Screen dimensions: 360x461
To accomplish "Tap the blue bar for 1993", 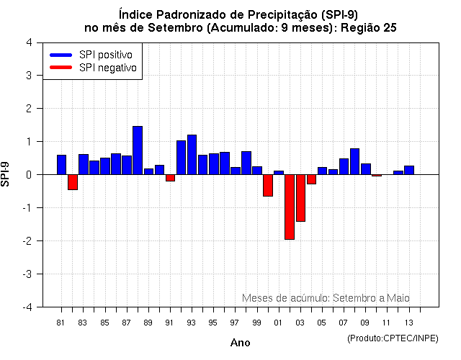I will pyautogui.click(x=192, y=155).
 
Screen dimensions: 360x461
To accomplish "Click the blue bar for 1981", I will pyautogui.click(x=61, y=165).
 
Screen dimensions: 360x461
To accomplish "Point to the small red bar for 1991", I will pyautogui.click(x=170, y=178).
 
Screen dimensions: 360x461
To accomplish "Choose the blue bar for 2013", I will pyautogui.click(x=409, y=170).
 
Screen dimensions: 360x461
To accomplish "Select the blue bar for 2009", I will pyautogui.click(x=366, y=169).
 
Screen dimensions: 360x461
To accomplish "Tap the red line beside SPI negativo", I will pyautogui.click(x=61, y=67).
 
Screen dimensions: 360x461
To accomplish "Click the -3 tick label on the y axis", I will pyautogui.click(x=27, y=274).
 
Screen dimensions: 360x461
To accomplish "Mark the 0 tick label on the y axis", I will pyautogui.click(x=29, y=175).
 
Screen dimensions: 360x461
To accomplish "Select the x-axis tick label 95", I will pyautogui.click(x=213, y=322).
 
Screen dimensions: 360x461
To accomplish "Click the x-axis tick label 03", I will pyautogui.click(x=300, y=322).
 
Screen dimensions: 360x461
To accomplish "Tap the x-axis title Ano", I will pyautogui.click(x=240, y=343).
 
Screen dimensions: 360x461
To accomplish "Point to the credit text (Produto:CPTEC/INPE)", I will pyautogui.click(x=392, y=338).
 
